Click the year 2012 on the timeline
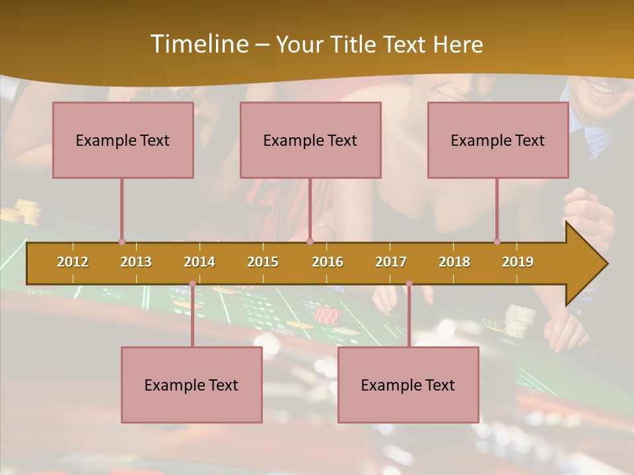tap(73, 262)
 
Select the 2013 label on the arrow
tap(136, 262)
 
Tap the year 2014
tap(199, 262)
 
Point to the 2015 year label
tap(263, 262)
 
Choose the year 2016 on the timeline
tap(328, 262)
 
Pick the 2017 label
tap(391, 262)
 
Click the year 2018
tap(454, 262)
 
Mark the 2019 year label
tap(518, 262)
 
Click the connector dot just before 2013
tap(122, 241)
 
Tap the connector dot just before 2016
tap(310, 241)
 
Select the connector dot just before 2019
tap(497, 241)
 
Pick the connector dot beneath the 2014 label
tap(192, 284)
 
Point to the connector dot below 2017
tap(409, 284)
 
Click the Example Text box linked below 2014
tap(192, 385)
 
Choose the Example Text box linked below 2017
tap(408, 385)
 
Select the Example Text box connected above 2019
tap(498, 141)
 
